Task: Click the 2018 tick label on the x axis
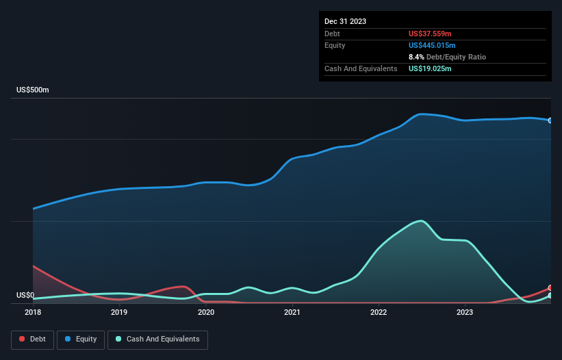pyautogui.click(x=33, y=312)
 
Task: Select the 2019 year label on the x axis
pyautogui.click(x=119, y=312)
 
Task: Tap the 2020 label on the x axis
pyautogui.click(x=206, y=312)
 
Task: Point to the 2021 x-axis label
pyautogui.click(x=292, y=312)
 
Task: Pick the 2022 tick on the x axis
pyautogui.click(x=379, y=312)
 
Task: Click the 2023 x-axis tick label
pyautogui.click(x=465, y=312)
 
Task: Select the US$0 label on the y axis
pyautogui.click(x=25, y=296)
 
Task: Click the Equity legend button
pyautogui.click(x=81, y=339)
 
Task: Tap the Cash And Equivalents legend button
pyautogui.click(x=157, y=339)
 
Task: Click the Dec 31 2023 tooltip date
pyautogui.click(x=345, y=21)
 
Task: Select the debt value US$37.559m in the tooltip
pyautogui.click(x=430, y=34)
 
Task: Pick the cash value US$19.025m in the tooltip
pyautogui.click(x=430, y=68)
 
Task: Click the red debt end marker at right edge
pyautogui.click(x=550, y=288)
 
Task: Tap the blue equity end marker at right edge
pyautogui.click(x=550, y=120)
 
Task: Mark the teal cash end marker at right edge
pyautogui.click(x=550, y=296)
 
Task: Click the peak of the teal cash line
pyautogui.click(x=420, y=220)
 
